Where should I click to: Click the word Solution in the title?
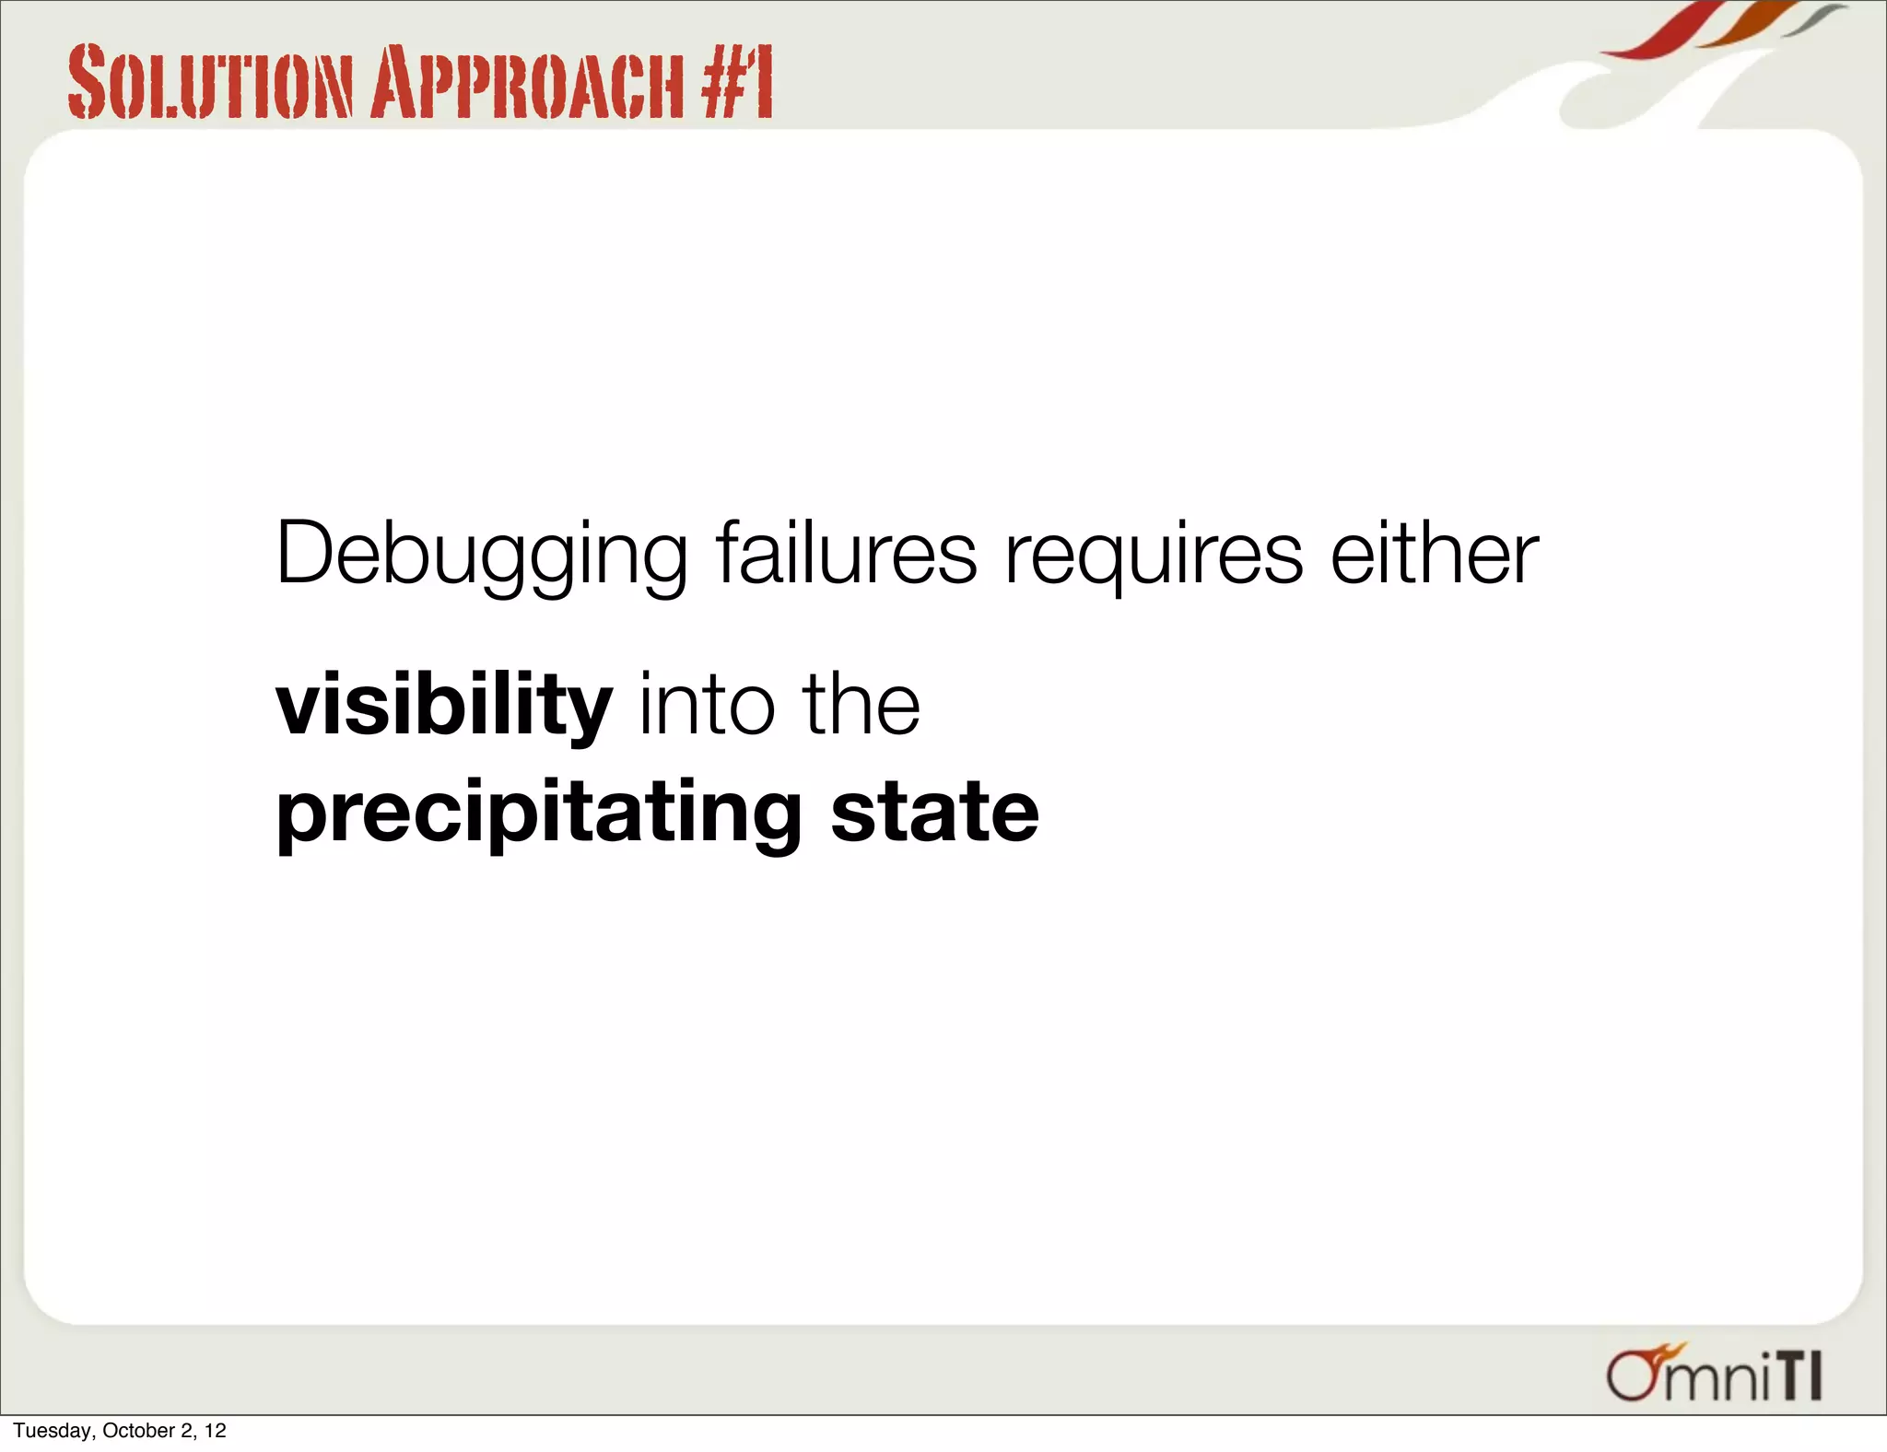[210, 83]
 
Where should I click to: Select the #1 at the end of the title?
[736, 83]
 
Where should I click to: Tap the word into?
[708, 705]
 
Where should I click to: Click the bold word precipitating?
[539, 814]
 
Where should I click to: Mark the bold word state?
[934, 813]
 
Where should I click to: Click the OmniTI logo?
[1714, 1374]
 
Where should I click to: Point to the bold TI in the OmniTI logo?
[1798, 1376]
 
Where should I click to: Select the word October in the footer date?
[138, 1431]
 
